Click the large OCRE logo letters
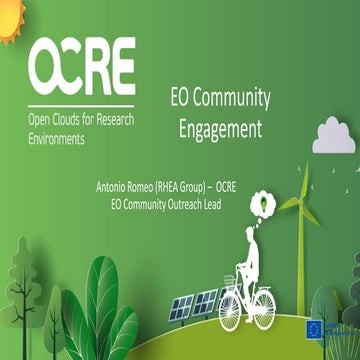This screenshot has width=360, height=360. (x=82, y=65)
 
